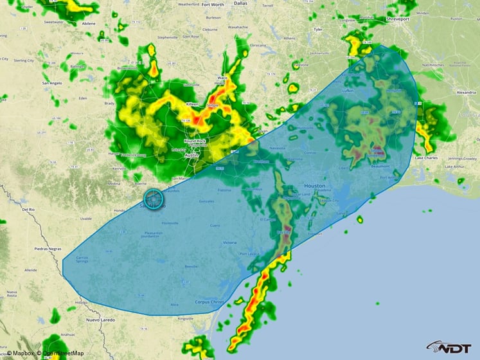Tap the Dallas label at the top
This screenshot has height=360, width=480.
point(240,3)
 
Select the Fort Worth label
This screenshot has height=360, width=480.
point(213,4)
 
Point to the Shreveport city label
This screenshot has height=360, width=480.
point(398,19)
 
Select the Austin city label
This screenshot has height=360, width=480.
point(192,156)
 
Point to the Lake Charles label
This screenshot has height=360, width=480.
point(427,157)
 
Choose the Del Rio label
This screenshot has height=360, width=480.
point(28,210)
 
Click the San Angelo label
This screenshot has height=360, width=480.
point(52,83)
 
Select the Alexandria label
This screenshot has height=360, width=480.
point(466,93)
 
